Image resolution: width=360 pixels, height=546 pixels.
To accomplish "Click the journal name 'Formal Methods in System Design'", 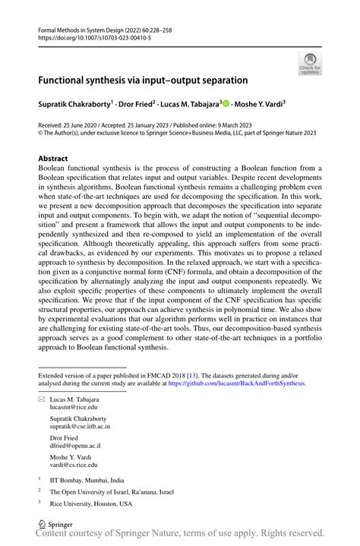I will click(x=82, y=27).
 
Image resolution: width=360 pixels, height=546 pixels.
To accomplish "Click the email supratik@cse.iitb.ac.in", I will click(x=83, y=428).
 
